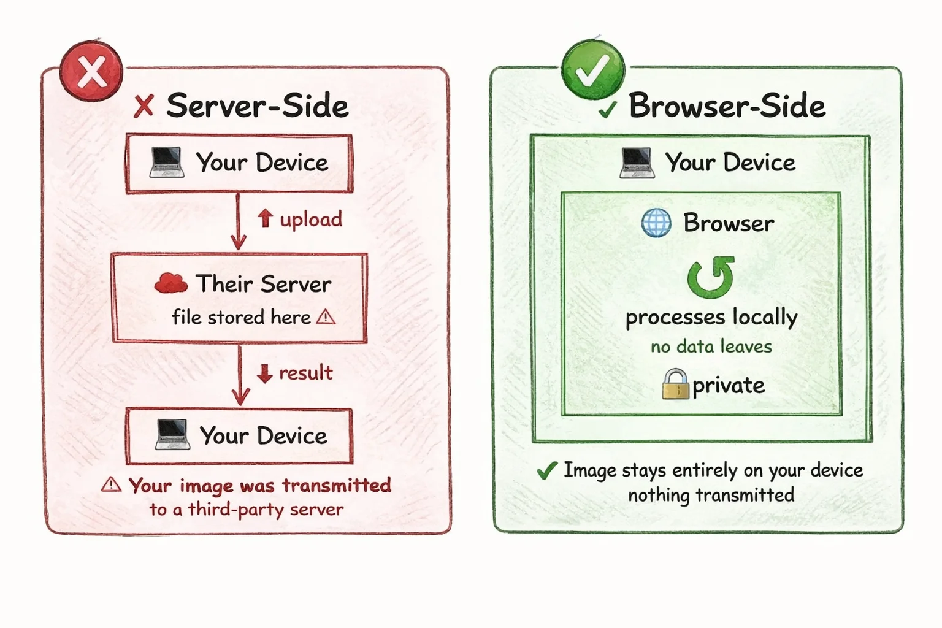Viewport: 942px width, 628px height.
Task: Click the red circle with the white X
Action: coord(91,71)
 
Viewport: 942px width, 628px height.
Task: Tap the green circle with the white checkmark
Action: coord(593,70)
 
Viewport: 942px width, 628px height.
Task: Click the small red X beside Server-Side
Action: coord(144,106)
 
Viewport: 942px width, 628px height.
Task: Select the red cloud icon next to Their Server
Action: coord(170,283)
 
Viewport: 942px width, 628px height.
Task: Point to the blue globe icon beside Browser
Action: coord(656,223)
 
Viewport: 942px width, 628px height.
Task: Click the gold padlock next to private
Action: coord(676,384)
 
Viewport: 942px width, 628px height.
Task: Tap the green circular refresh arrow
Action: coord(711,277)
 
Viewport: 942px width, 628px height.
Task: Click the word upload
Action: coord(311,219)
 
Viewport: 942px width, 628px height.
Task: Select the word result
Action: coord(305,372)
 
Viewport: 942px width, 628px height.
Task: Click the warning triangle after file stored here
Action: coord(326,316)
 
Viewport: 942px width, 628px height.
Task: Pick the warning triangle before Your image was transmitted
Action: coord(111,484)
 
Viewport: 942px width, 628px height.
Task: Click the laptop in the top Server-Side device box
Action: coord(167,163)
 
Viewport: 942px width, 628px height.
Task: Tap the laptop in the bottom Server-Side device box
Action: coord(172,435)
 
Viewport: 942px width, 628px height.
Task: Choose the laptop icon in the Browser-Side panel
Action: coord(637,163)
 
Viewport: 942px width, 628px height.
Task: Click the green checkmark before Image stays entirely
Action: coord(546,470)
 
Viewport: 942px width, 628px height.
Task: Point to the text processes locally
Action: coord(711,317)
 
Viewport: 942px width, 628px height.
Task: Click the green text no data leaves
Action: coord(711,347)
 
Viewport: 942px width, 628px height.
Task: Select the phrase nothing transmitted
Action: coord(711,495)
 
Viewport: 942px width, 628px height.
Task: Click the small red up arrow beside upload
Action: coord(265,218)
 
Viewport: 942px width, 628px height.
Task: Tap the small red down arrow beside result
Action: coord(264,373)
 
